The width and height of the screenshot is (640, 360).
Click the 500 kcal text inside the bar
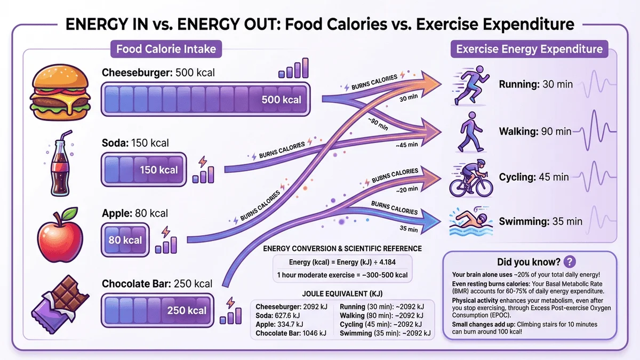coord(281,100)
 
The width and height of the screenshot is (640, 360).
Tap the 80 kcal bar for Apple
coord(125,240)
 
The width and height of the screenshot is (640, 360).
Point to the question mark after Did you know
coord(570,262)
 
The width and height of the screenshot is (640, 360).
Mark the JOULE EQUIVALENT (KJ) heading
coord(341,294)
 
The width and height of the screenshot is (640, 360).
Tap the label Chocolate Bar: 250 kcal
coord(156,283)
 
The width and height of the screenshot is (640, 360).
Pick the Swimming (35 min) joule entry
coord(382,333)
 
